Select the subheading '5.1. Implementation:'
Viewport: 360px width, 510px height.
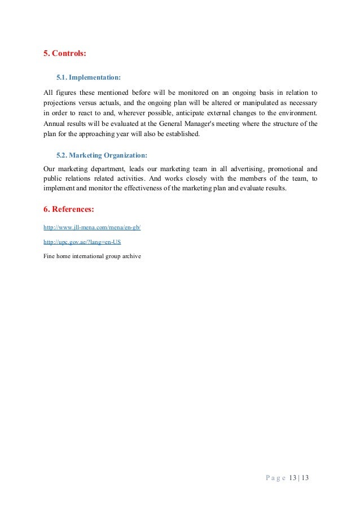(x=89, y=76)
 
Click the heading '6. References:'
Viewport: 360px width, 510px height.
(x=69, y=209)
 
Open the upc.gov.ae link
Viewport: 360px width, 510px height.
(x=82, y=242)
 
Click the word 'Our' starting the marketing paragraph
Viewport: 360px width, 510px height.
(x=50, y=168)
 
